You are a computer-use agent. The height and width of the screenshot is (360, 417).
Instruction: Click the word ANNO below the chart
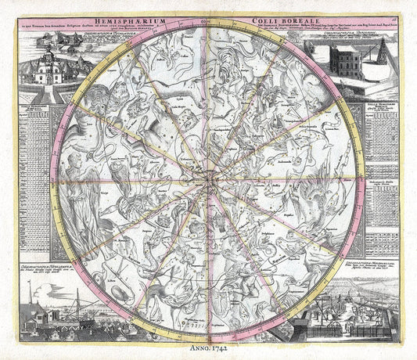coord(197,344)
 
